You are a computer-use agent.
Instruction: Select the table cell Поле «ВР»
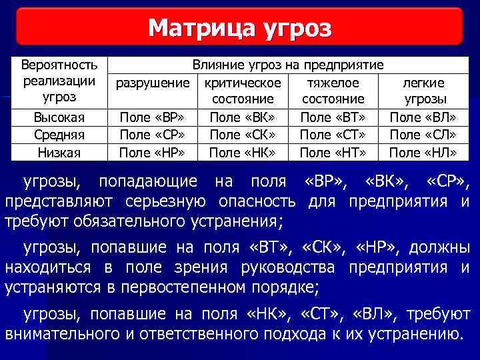pos(151,117)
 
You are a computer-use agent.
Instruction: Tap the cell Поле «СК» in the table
pos(243,135)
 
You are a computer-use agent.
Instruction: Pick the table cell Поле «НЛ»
pos(423,152)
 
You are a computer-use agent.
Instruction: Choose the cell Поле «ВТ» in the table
pos(333,117)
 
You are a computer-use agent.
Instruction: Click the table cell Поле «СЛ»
pos(423,135)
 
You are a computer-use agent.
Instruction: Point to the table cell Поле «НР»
pos(151,152)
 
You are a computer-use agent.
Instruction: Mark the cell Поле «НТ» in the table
pos(333,152)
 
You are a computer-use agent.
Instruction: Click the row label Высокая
pos(59,117)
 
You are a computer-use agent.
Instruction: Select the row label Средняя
pos(59,135)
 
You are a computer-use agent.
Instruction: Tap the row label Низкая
pos(59,152)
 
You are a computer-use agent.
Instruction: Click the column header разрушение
pos(151,83)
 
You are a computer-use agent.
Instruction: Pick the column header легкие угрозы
pos(423,91)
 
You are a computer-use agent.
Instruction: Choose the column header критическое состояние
pos(243,91)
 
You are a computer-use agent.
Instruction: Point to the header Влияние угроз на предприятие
pos(287,65)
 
